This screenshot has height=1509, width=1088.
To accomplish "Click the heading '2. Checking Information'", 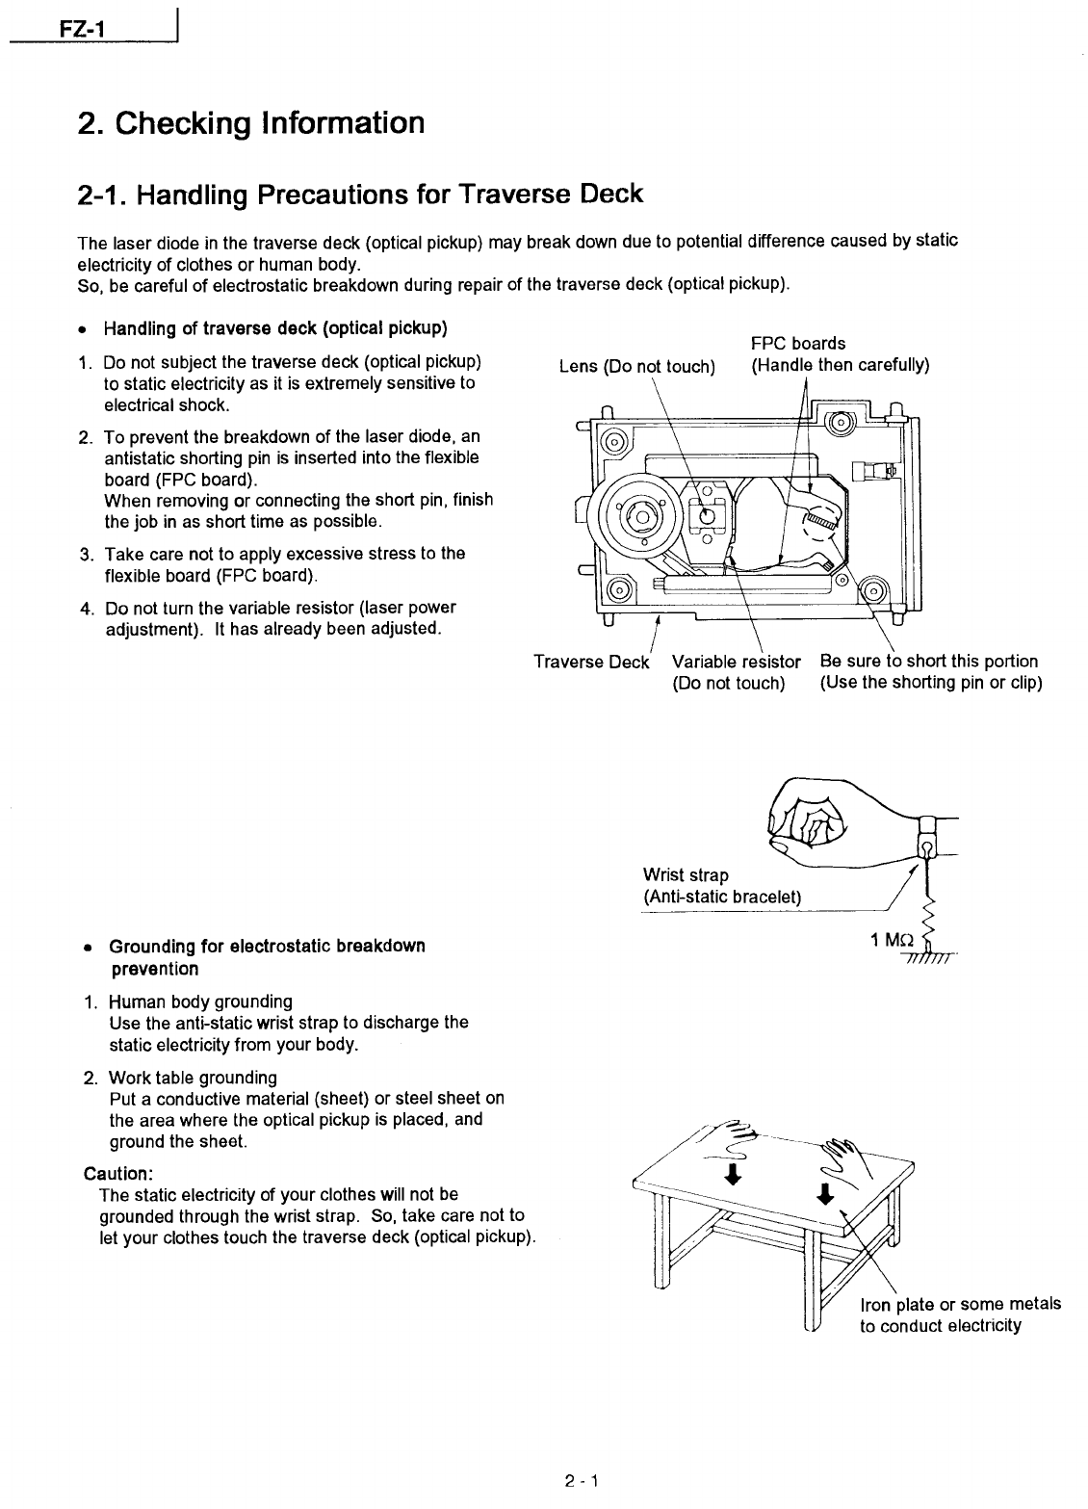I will pyautogui.click(x=250, y=123).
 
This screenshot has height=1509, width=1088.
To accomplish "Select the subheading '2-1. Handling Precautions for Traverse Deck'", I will pyautogui.click(x=359, y=194).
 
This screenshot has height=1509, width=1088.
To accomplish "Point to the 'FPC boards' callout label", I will pyautogui.click(x=797, y=343).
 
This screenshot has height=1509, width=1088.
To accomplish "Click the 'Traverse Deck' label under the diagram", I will pyautogui.click(x=591, y=662).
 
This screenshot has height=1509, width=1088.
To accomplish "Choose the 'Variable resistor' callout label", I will pyautogui.click(x=736, y=662).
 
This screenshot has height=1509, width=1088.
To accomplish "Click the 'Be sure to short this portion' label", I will pyautogui.click(x=928, y=662).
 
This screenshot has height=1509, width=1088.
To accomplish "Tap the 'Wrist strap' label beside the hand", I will pyautogui.click(x=686, y=874).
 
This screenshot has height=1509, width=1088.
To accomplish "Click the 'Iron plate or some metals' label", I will pyautogui.click(x=960, y=1304).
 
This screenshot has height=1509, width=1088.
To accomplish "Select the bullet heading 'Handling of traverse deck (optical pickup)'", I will pyautogui.click(x=274, y=328).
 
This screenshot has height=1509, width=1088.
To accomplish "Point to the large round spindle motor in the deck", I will pyautogui.click(x=638, y=516).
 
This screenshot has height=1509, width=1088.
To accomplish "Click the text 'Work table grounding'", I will pyautogui.click(x=193, y=1077).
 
